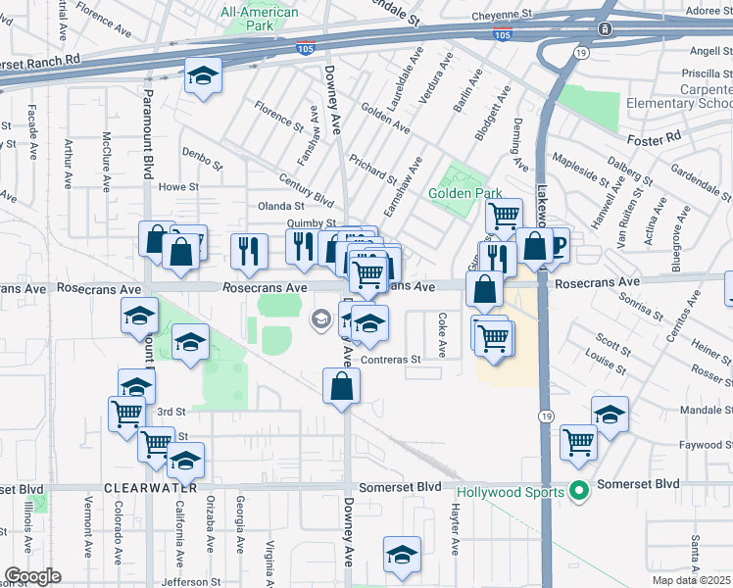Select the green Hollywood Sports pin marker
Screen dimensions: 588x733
click(578, 490)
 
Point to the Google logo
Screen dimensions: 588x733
click(31, 576)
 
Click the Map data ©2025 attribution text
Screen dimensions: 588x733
click(692, 580)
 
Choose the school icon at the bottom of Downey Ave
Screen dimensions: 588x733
click(402, 555)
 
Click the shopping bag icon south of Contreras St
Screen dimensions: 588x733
click(341, 385)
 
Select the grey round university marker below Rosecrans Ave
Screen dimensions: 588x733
click(320, 318)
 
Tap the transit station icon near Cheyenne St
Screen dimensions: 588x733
click(607, 28)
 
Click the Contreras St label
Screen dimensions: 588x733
click(391, 360)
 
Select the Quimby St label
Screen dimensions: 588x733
click(311, 223)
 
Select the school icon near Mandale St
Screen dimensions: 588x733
click(610, 415)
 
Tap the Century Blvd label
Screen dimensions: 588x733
click(306, 188)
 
